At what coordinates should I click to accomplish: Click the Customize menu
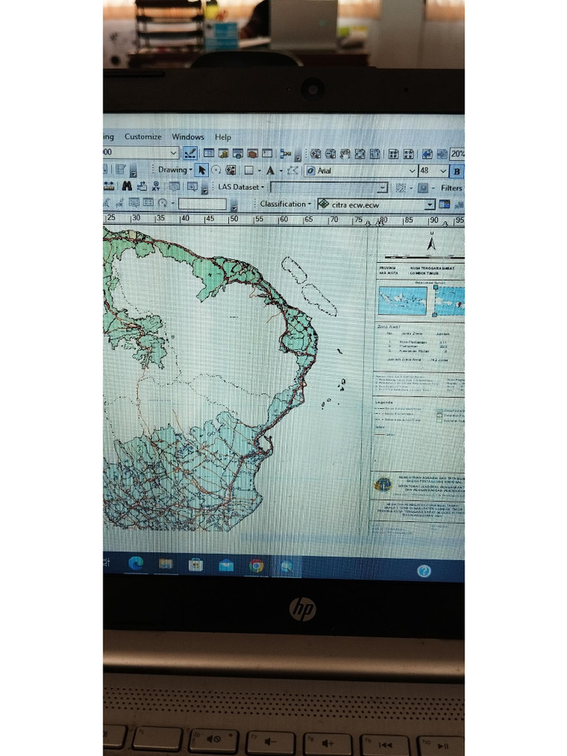pos(142,137)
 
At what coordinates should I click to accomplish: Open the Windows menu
pos(188,137)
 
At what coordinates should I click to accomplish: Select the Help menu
pos(223,137)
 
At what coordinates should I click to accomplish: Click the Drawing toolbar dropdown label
pos(173,170)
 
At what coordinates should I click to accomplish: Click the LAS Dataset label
pos(236,188)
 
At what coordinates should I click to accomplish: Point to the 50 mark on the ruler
pos(233,219)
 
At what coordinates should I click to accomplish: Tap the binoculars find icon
pos(127,187)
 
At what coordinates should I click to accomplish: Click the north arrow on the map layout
pos(431,243)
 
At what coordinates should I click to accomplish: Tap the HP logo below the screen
pos(302,609)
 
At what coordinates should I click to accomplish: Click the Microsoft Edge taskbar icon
pos(136,564)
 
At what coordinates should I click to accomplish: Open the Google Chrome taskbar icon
pos(256,566)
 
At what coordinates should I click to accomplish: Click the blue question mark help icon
pos(424,571)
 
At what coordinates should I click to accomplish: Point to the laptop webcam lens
pos(312,89)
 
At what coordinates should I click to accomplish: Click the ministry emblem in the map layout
pos(382,485)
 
